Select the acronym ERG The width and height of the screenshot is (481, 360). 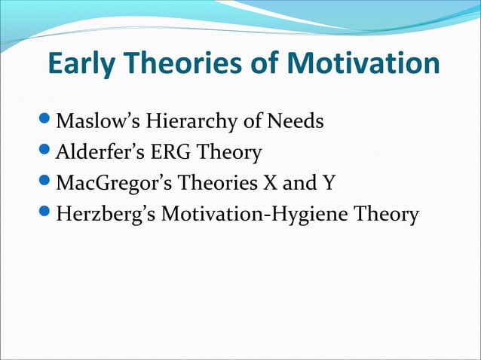click(x=165, y=153)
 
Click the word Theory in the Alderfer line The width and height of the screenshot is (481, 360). click(x=228, y=153)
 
